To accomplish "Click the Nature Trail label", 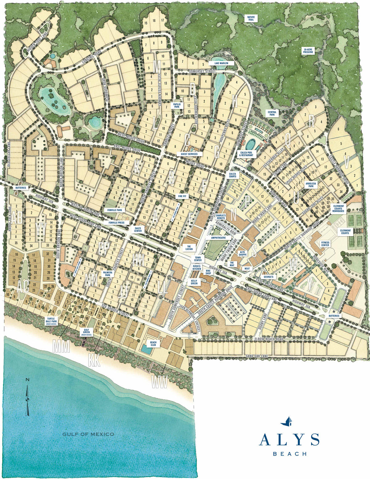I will point(251,18).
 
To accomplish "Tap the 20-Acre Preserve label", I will point(308,51).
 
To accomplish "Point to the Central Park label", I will point(272,113).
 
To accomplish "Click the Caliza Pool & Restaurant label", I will point(247,153).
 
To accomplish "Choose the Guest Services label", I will point(189,154).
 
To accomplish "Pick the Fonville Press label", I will point(117,222).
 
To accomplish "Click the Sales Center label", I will point(138,229).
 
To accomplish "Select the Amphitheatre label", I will point(219,238).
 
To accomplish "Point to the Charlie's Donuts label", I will point(220,217).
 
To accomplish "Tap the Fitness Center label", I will point(325,244).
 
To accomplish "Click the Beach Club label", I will point(153,344).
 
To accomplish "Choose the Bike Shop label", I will point(208,272).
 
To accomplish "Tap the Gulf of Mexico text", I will point(88,434).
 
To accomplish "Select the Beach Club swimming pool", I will point(146,350).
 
